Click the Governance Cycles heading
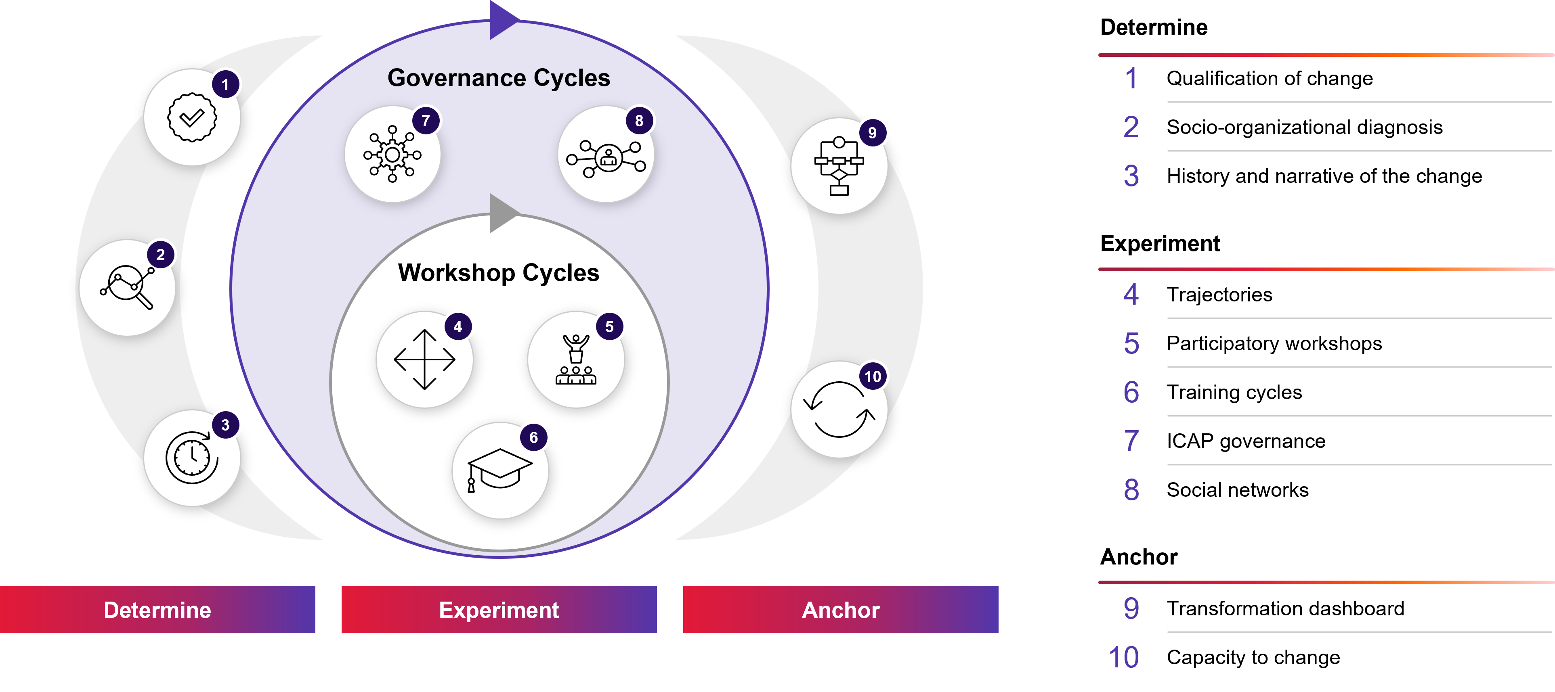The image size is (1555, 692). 499,78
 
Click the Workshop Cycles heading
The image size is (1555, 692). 499,273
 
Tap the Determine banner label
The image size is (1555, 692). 157,610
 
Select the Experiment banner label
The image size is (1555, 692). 499,610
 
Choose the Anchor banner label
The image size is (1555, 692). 840,610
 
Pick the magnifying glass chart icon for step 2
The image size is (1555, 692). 127,288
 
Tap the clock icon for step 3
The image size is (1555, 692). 191,458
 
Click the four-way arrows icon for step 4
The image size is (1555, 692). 424,360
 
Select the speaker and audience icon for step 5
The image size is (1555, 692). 576,360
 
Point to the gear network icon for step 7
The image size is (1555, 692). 392,155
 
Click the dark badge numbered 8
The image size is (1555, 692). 639,121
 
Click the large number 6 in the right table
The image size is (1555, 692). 1131,392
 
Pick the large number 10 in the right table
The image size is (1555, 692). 1124,657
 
